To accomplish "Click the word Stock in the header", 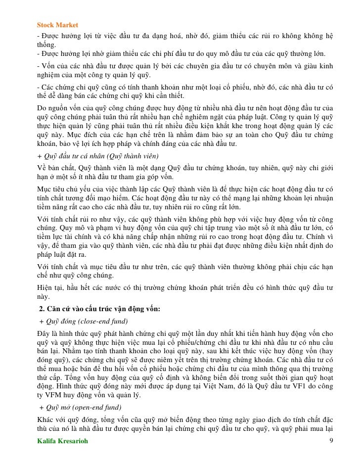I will [x=46, y=25].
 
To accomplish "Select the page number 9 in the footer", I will [x=331, y=441].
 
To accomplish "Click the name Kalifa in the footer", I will [x=48, y=441].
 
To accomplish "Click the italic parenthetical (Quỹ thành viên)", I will [x=131, y=155].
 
